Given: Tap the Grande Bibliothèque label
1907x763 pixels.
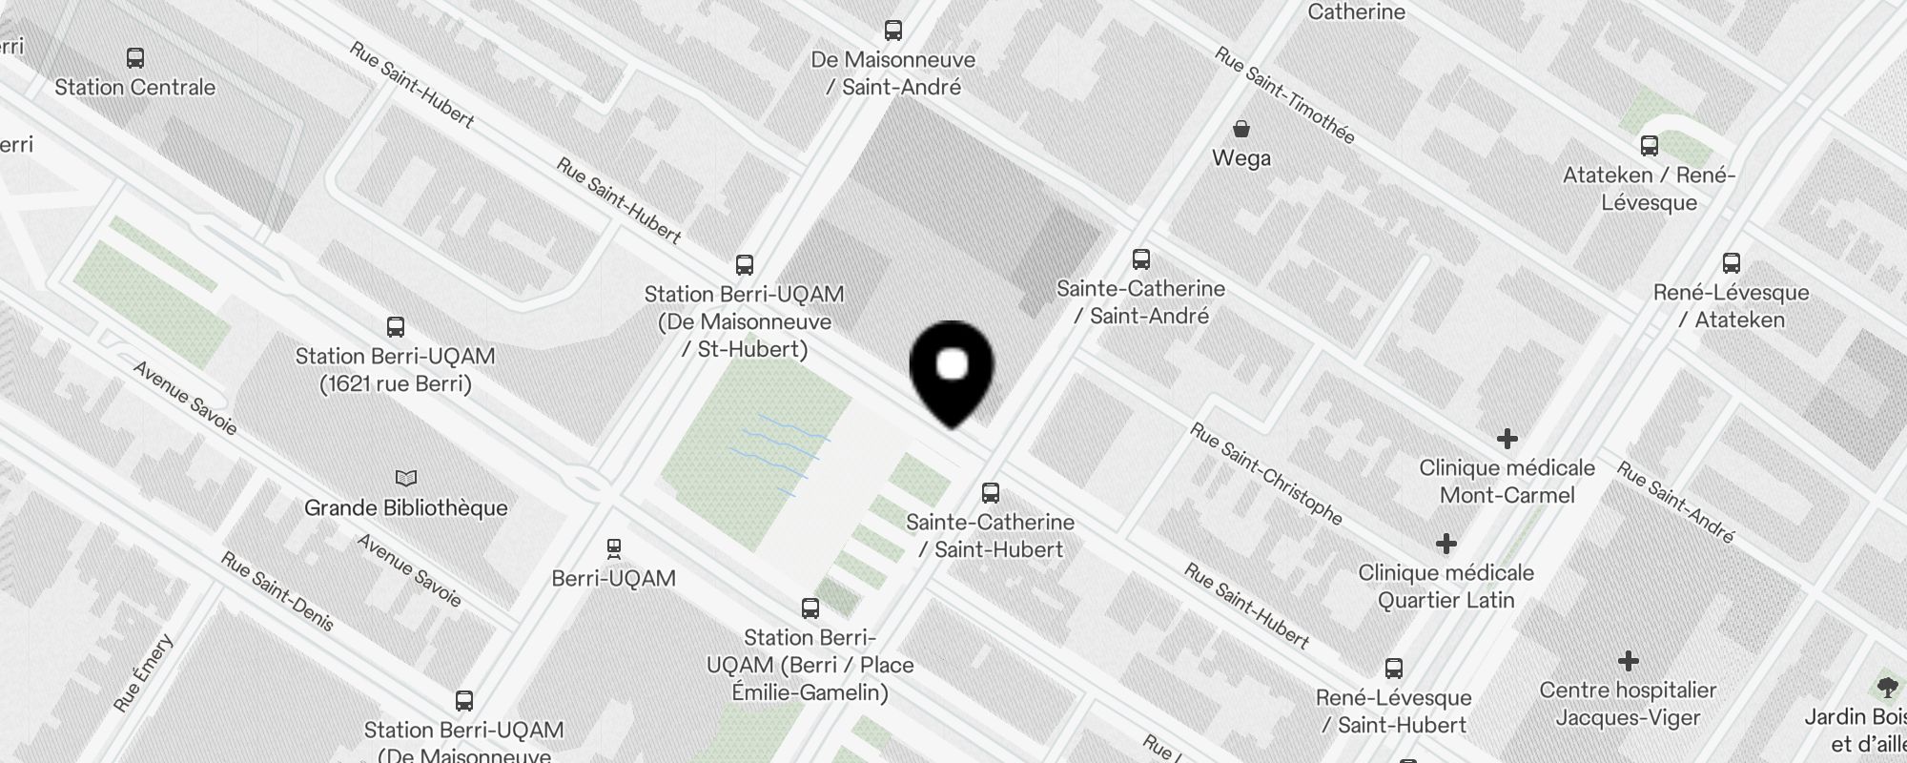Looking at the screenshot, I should (x=406, y=507).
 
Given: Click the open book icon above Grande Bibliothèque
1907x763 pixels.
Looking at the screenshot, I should (x=406, y=478).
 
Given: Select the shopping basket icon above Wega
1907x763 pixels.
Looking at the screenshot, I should (x=1241, y=129).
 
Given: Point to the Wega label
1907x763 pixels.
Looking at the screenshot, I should (x=1241, y=157).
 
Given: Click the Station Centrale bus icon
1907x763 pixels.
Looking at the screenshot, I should (x=135, y=58).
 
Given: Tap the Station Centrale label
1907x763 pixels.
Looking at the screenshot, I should (x=135, y=87).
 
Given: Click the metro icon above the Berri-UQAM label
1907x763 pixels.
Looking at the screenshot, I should (x=614, y=549).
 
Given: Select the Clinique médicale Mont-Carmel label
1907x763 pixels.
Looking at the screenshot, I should (x=1507, y=482).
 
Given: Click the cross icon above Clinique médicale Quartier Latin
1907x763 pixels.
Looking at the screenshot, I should (x=1446, y=544).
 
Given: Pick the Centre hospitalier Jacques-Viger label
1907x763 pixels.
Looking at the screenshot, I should (x=1628, y=703).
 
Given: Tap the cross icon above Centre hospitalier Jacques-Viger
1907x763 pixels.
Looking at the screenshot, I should (x=1629, y=661).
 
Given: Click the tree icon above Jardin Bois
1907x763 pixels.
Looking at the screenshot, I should (x=1886, y=687).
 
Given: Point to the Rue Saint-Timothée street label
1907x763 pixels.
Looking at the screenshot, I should (x=1284, y=95).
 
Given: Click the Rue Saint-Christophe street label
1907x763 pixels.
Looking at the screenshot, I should (x=1265, y=474).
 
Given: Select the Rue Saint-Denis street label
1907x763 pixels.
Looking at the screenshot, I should (x=277, y=591).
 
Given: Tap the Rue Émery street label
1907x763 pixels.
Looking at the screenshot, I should (x=144, y=673).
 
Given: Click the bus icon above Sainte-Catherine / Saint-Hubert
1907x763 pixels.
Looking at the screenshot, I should (x=991, y=493).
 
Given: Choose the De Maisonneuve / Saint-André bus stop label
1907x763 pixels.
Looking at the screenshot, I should (x=893, y=73).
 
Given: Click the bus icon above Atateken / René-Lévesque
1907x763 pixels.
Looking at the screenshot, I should (x=1650, y=146).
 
